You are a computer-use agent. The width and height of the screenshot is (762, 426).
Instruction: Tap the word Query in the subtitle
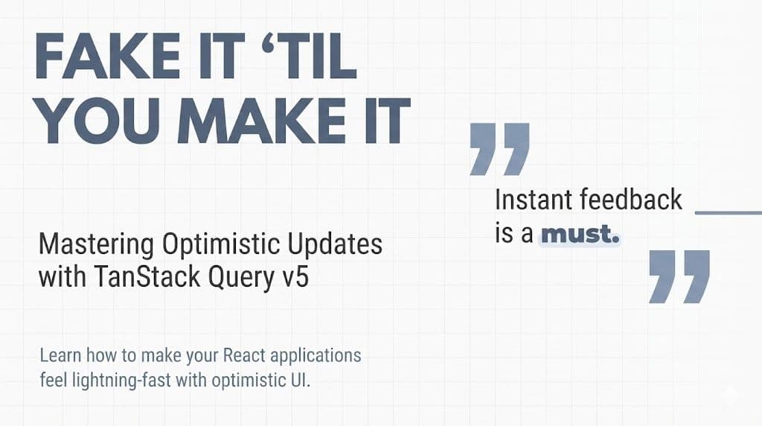242,277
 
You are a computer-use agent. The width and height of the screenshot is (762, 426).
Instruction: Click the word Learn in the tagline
59,355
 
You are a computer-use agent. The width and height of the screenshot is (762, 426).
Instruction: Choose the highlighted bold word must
580,235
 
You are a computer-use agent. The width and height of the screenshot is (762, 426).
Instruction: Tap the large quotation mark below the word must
679,276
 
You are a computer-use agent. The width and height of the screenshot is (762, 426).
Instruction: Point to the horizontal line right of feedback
727,213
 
